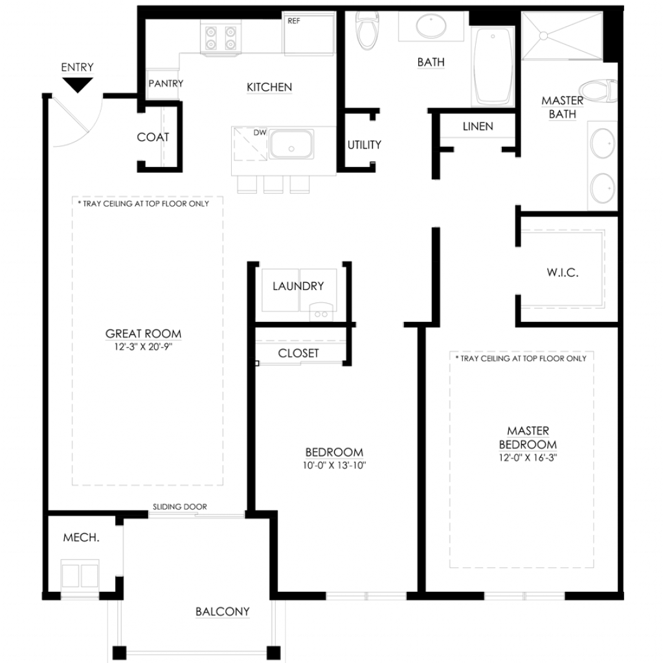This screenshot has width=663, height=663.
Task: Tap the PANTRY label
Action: (x=166, y=84)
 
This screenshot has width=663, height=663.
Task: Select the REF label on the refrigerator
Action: (x=294, y=21)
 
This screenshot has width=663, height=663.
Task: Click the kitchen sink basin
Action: (x=291, y=144)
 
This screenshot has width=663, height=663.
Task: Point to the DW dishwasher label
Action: (x=260, y=132)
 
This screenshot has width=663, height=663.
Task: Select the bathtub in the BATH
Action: (x=493, y=67)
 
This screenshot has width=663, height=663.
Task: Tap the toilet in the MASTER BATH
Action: (x=598, y=90)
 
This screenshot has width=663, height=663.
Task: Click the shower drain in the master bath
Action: (x=543, y=36)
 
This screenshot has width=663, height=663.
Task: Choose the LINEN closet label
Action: (x=478, y=126)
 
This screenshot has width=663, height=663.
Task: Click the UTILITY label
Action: (x=364, y=145)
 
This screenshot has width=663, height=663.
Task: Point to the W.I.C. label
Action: (x=563, y=273)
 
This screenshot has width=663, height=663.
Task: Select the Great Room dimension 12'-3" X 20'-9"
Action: (x=143, y=347)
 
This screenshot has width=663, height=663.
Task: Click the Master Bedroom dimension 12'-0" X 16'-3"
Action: (x=528, y=458)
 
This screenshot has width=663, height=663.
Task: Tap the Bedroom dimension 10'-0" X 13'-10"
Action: (x=334, y=466)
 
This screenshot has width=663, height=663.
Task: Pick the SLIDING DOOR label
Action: (x=180, y=506)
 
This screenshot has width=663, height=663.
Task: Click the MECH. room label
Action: (x=81, y=537)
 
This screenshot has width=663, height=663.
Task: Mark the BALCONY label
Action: (x=223, y=611)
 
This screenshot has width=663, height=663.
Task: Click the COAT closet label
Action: (x=153, y=137)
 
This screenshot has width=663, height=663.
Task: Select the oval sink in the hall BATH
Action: (x=431, y=26)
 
